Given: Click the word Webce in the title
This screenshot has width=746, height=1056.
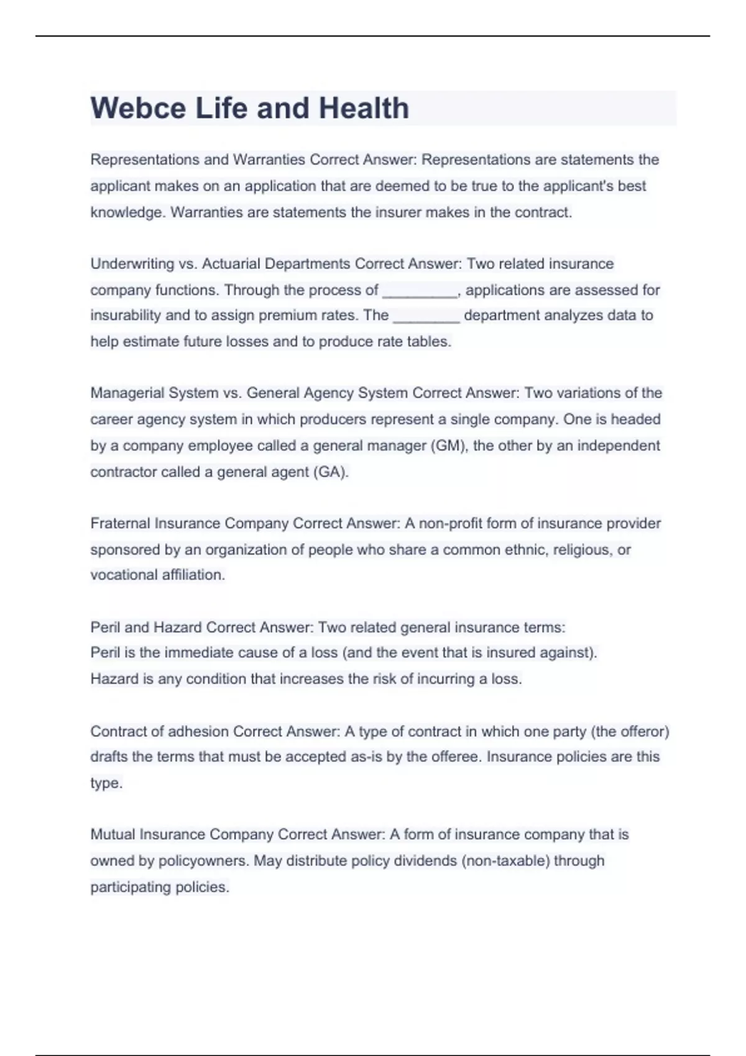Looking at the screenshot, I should pyautogui.click(x=138, y=108).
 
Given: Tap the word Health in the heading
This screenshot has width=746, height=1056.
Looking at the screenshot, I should pyautogui.click(x=364, y=108).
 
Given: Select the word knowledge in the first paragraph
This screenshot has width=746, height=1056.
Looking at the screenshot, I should pyautogui.click(x=127, y=212).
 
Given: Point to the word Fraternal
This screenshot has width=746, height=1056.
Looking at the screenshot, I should pyautogui.click(x=120, y=524).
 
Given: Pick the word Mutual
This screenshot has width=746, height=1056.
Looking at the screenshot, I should pyautogui.click(x=113, y=834).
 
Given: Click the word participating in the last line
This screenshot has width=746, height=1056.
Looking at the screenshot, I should pyautogui.click(x=131, y=887).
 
